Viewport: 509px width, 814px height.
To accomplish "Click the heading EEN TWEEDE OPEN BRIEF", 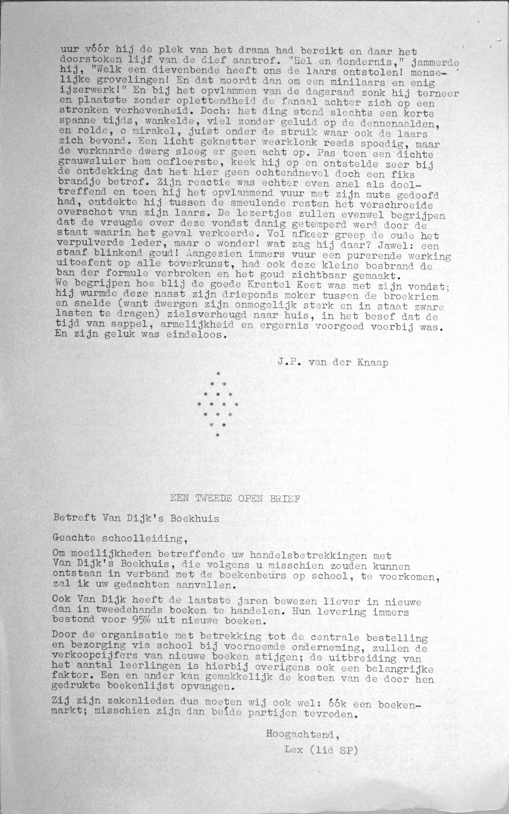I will point(235,499).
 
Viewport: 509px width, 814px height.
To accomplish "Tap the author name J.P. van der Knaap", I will point(333,362).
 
